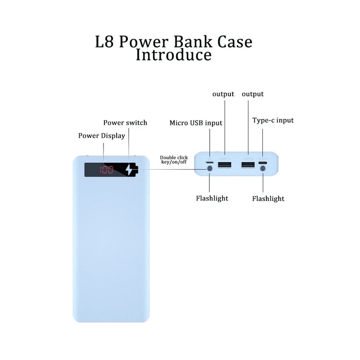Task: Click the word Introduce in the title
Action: point(173,55)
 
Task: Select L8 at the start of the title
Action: point(104,41)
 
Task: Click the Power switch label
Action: point(125,122)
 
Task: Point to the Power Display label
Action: point(102,135)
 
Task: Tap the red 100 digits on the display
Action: point(107,170)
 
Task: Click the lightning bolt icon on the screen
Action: point(131,170)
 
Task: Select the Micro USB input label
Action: point(196,122)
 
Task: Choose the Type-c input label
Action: point(273,120)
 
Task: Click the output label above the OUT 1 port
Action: point(223,94)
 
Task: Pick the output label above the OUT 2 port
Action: point(253,94)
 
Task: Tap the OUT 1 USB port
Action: point(224,165)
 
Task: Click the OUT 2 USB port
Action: point(247,165)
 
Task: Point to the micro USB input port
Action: point(209,162)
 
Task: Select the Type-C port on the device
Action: point(263,162)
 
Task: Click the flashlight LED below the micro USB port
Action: point(209,169)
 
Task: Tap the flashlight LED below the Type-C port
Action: point(263,169)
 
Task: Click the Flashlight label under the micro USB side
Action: point(212,198)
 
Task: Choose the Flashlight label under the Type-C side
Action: point(268,198)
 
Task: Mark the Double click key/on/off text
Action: point(173,159)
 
